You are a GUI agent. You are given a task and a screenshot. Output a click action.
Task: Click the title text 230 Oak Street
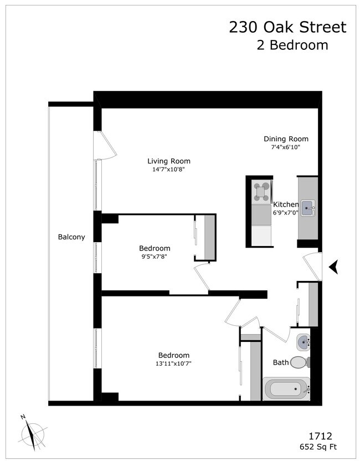[287, 27]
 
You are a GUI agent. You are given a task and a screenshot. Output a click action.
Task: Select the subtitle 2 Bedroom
[292, 45]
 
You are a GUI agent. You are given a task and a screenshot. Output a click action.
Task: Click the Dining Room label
[286, 139]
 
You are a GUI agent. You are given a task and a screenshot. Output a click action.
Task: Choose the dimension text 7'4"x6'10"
[286, 147]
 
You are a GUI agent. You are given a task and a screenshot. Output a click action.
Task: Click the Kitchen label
[286, 204]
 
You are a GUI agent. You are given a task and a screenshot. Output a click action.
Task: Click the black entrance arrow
[333, 268]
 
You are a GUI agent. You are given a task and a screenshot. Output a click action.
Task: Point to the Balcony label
[71, 237]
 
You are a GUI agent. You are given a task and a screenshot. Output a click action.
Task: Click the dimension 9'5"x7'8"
[155, 257]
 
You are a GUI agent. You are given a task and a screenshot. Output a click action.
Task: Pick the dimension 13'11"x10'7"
[174, 363]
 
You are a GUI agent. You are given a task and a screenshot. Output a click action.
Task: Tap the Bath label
[281, 362]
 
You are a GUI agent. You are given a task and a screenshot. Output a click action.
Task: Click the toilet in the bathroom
[299, 362]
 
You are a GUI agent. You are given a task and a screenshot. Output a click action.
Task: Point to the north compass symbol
[33, 432]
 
